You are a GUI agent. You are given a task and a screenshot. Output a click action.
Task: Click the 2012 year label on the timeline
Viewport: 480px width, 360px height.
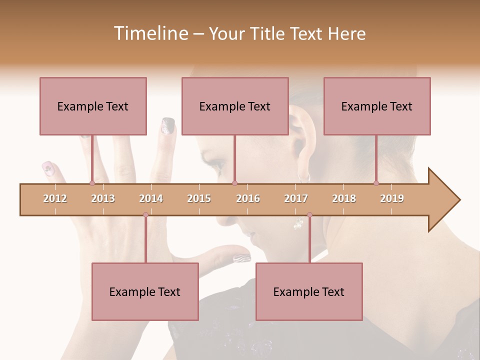point(55,198)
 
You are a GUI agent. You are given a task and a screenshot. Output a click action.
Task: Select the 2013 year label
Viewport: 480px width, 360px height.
point(103,198)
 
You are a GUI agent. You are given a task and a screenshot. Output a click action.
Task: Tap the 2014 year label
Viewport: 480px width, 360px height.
point(151,198)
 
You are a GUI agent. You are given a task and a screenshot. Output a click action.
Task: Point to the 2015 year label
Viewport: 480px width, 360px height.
point(199,198)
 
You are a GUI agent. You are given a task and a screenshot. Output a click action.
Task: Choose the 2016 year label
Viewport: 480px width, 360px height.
point(248,198)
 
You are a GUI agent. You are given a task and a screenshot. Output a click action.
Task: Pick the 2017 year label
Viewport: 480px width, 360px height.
point(296,198)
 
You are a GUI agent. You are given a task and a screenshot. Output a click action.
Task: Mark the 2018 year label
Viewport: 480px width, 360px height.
point(344,198)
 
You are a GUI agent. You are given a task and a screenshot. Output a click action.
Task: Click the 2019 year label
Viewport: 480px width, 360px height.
point(392,198)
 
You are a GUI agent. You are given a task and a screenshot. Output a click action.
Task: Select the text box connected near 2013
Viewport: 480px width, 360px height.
point(93,106)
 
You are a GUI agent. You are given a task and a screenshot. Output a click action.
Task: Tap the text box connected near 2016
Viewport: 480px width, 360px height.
point(235,106)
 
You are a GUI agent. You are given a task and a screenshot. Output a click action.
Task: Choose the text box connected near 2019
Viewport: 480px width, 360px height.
point(377,106)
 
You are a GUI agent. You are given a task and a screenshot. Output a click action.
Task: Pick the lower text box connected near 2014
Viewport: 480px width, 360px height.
point(145,291)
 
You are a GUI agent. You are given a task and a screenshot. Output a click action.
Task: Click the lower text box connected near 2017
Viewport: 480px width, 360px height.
point(309,291)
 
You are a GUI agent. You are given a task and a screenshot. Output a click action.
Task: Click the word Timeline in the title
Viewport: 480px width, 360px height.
point(150,33)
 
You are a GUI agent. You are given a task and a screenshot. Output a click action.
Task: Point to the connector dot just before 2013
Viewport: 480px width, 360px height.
point(92,183)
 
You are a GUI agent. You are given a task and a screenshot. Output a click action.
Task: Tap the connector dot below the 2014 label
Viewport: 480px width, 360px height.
point(145,215)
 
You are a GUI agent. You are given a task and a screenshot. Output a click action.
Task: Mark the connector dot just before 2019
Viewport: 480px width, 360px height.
point(376,183)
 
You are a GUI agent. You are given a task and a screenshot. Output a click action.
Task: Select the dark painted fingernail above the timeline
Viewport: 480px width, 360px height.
point(168,125)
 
